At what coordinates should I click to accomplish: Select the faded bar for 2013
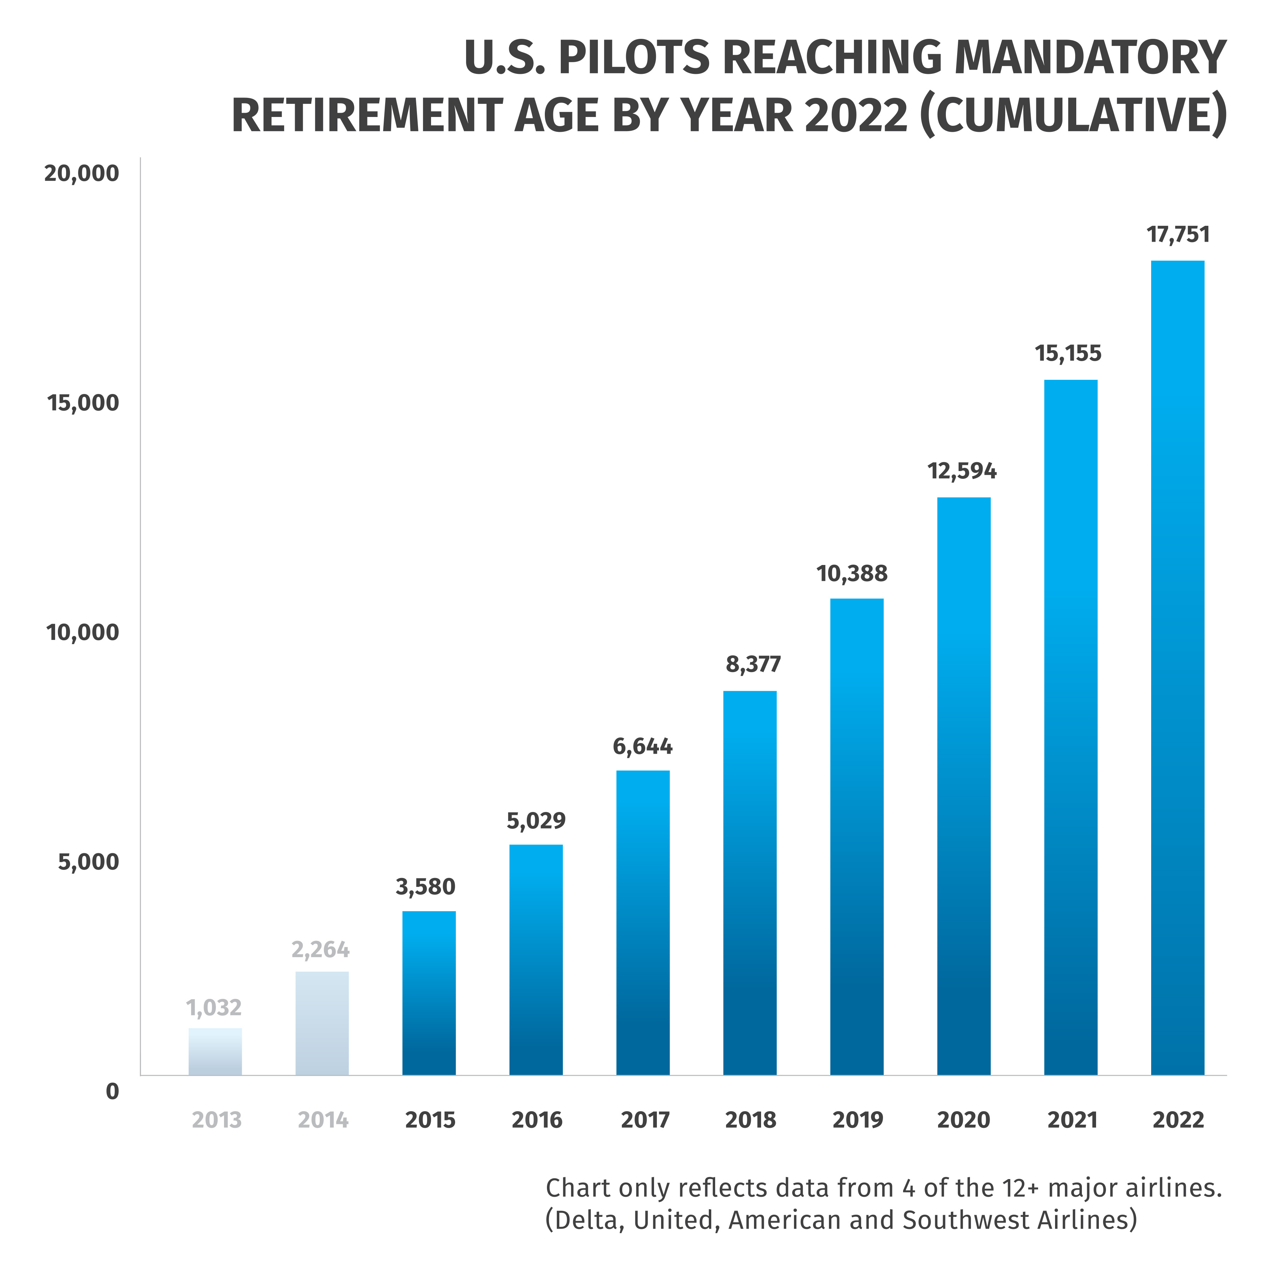coord(215,1052)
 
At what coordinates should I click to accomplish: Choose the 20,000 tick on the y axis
coord(82,174)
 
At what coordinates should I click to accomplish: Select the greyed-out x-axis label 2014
coord(323,1120)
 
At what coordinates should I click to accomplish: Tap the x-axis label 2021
coord(1072,1120)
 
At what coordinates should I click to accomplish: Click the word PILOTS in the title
coord(634,58)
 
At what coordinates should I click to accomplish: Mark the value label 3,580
coord(425,887)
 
